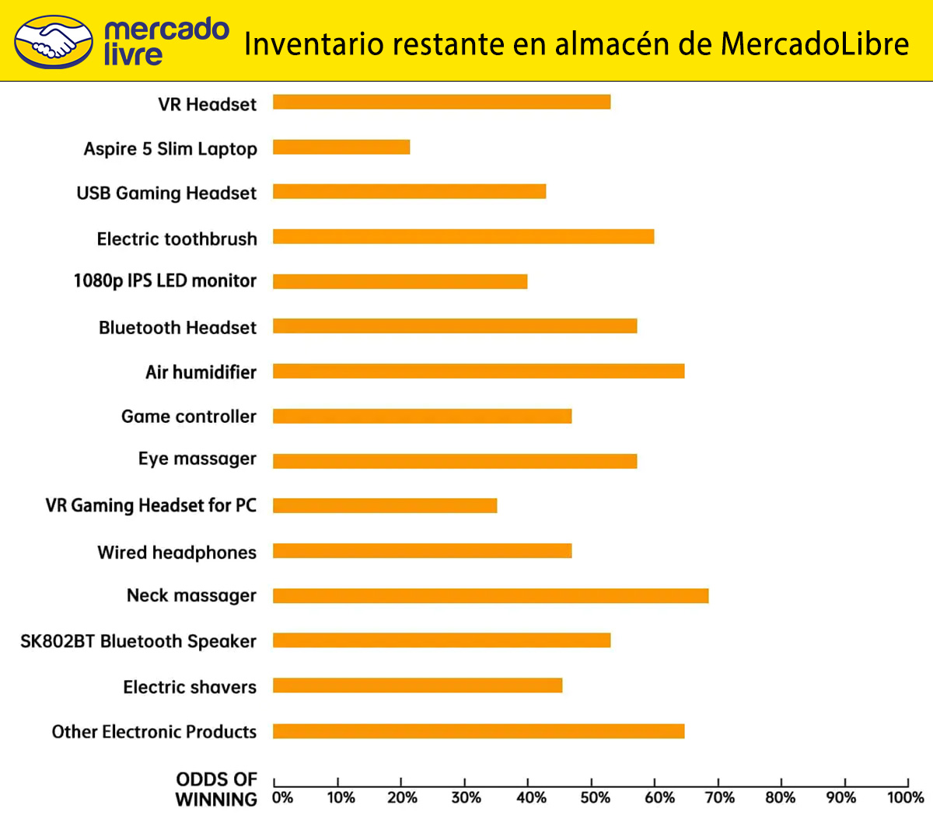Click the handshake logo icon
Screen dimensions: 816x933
coord(54,42)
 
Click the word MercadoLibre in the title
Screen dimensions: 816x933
coord(814,44)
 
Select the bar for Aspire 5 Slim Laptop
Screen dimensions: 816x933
coord(341,147)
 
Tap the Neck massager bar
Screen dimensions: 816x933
coord(491,595)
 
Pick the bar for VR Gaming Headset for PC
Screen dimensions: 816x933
coord(385,506)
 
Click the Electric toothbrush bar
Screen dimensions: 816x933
coord(463,236)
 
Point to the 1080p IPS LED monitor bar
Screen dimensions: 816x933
coord(400,281)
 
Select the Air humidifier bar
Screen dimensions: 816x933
coord(478,371)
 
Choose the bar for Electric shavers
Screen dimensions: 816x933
coord(418,685)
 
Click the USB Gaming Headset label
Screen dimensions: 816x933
coord(166,194)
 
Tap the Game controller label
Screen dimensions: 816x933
coord(189,417)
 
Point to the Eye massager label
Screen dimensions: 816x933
coord(197,459)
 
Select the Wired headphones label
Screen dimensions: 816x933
coord(177,553)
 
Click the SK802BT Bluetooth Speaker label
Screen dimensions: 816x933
coord(138,641)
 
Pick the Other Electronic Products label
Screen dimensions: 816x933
coord(154,732)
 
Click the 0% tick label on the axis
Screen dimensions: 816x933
coord(282,797)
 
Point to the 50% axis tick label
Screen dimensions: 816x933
coord(595,797)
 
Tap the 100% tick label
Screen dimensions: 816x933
coord(905,797)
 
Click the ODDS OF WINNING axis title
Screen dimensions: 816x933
coord(217,789)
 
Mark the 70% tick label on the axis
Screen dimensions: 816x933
coord(719,797)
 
